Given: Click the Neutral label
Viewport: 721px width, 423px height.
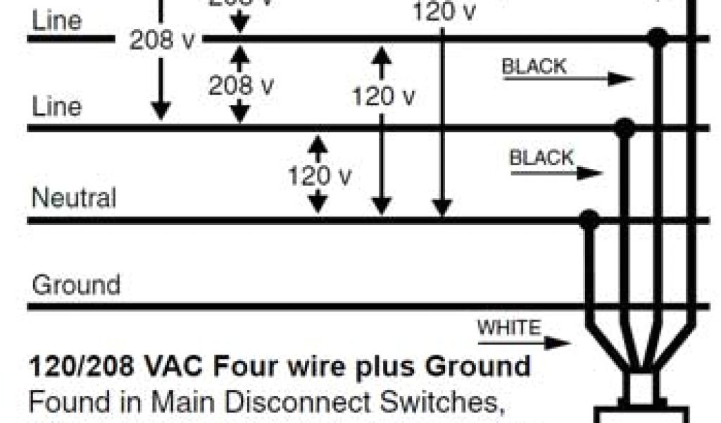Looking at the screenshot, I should pyautogui.click(x=74, y=197).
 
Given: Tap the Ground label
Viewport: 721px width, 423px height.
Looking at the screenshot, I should pyautogui.click(x=76, y=285).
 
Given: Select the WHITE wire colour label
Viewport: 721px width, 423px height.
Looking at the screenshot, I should pyautogui.click(x=509, y=328).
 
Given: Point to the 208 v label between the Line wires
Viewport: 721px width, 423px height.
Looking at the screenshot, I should pyautogui.click(x=241, y=85).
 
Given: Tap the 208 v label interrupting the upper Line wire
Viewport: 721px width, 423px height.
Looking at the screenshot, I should pyautogui.click(x=162, y=40).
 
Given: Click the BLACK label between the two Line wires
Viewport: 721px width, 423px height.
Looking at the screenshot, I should pyautogui.click(x=534, y=66).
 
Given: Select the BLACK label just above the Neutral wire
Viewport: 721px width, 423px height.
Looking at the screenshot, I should pyautogui.click(x=541, y=157).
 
